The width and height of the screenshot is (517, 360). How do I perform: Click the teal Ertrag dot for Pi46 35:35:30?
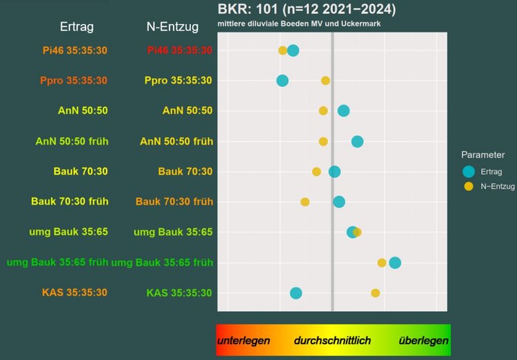293,50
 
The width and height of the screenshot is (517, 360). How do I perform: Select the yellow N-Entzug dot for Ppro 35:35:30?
325,81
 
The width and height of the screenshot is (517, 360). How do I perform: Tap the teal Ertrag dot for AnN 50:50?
343,110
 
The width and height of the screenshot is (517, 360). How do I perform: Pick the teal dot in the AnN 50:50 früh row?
357,141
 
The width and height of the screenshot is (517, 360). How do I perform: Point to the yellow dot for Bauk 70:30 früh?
305,202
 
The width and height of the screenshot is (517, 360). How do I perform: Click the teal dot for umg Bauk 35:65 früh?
395,262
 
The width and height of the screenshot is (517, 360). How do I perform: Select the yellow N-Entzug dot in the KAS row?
376,293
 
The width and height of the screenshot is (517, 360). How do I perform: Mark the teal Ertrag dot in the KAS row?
296,293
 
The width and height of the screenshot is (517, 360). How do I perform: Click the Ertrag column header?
76,27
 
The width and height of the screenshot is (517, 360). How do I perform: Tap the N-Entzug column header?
172,27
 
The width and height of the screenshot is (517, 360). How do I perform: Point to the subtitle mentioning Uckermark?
299,23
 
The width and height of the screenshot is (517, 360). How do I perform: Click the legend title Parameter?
483,155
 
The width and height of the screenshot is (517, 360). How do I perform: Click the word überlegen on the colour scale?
423,341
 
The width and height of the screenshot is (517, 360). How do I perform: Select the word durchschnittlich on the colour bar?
332,341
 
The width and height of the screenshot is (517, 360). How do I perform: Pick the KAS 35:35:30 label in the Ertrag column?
74,292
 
